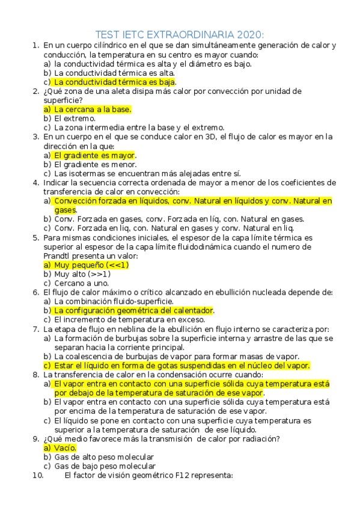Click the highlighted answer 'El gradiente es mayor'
[94, 155]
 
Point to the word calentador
[190, 310]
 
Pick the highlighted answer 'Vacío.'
[65, 448]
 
